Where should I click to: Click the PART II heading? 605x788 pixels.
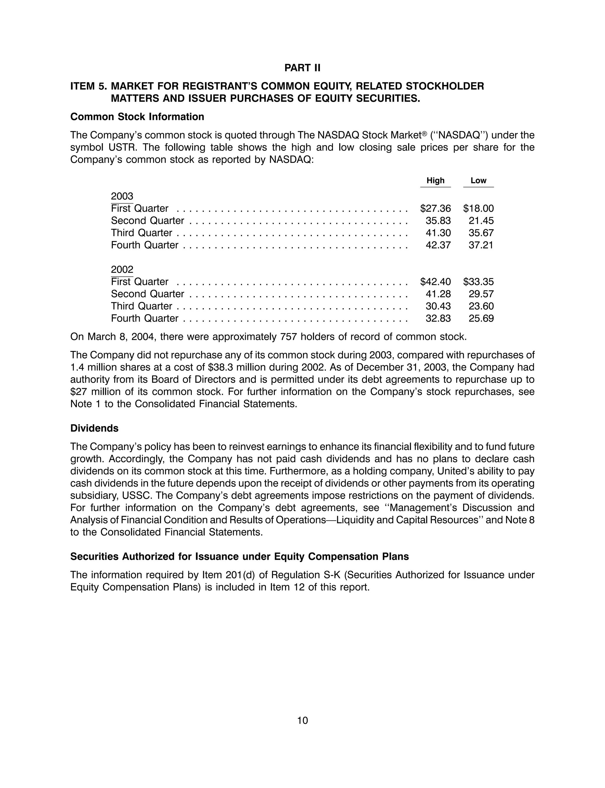click(x=302, y=68)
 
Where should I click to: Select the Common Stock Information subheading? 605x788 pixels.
click(x=137, y=117)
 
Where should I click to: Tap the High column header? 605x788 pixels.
click(x=435, y=181)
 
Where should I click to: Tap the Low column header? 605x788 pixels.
click(x=478, y=181)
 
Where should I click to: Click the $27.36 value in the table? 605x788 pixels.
click(x=435, y=209)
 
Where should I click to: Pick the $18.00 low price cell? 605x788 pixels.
click(x=478, y=209)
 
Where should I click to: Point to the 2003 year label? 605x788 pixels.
click(x=122, y=196)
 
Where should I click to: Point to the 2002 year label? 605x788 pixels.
click(x=122, y=270)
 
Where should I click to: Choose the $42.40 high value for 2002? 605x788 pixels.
click(x=435, y=282)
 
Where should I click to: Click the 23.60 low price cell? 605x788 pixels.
click(x=481, y=306)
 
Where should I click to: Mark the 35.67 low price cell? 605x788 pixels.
click(x=481, y=233)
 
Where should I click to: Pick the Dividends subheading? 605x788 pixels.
click(x=94, y=428)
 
